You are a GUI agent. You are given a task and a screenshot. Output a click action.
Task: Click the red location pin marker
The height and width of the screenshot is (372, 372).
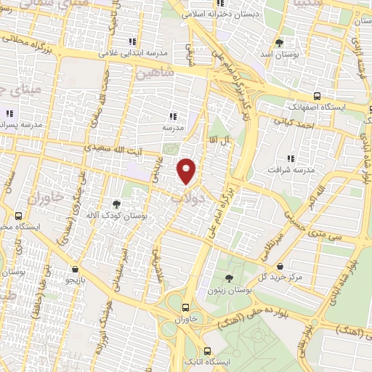[x=187, y=171]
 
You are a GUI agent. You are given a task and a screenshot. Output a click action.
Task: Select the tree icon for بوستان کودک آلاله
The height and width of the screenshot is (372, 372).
[x=116, y=204]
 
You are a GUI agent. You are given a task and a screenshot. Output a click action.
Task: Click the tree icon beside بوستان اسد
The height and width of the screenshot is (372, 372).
[x=280, y=42]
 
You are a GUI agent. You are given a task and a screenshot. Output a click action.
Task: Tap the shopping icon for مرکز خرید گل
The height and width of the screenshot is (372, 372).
[x=291, y=267]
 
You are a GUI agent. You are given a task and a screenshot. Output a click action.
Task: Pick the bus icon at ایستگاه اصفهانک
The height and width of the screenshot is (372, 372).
[x=318, y=95]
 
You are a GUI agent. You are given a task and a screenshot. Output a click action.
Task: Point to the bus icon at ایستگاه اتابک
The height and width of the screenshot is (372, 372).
[x=209, y=349]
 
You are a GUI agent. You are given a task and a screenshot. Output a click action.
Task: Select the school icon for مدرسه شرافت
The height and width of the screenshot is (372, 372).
[x=291, y=158]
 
